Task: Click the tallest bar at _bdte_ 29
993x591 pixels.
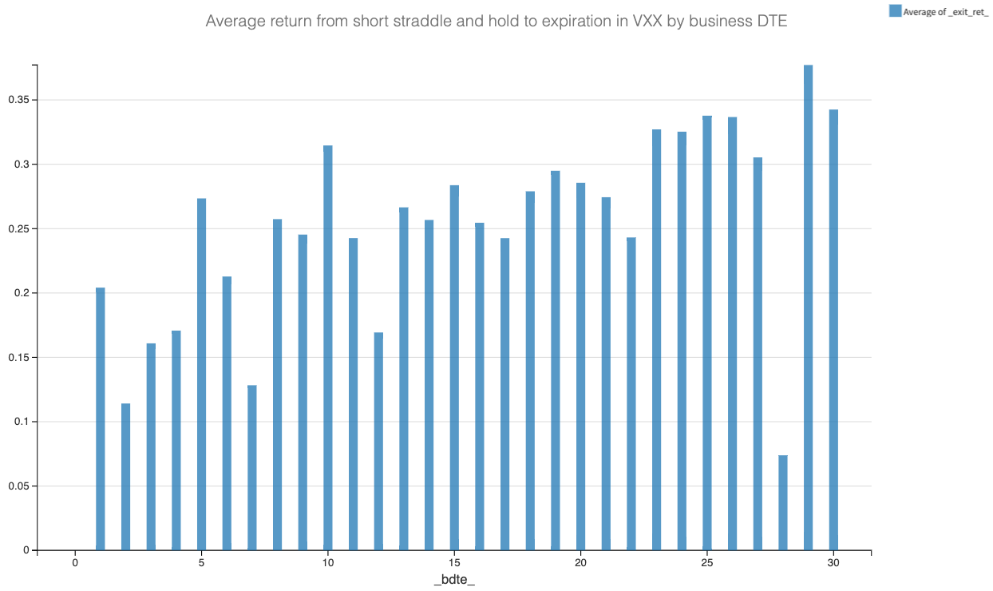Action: coord(808,307)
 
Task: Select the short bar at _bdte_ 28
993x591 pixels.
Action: coord(782,502)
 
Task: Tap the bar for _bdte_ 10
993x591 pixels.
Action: coord(327,347)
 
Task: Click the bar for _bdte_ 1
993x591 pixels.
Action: coord(100,418)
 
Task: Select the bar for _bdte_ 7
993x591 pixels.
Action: coord(251,467)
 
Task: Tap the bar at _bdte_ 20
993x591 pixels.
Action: coord(580,367)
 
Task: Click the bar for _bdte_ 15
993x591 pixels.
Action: coord(454,367)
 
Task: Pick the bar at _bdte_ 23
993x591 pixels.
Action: coord(656,339)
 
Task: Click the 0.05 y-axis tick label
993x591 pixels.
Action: coord(18,486)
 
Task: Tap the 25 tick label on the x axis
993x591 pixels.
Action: coord(706,564)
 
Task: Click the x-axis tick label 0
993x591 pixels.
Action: coord(75,564)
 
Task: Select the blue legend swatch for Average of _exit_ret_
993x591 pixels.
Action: coord(895,10)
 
